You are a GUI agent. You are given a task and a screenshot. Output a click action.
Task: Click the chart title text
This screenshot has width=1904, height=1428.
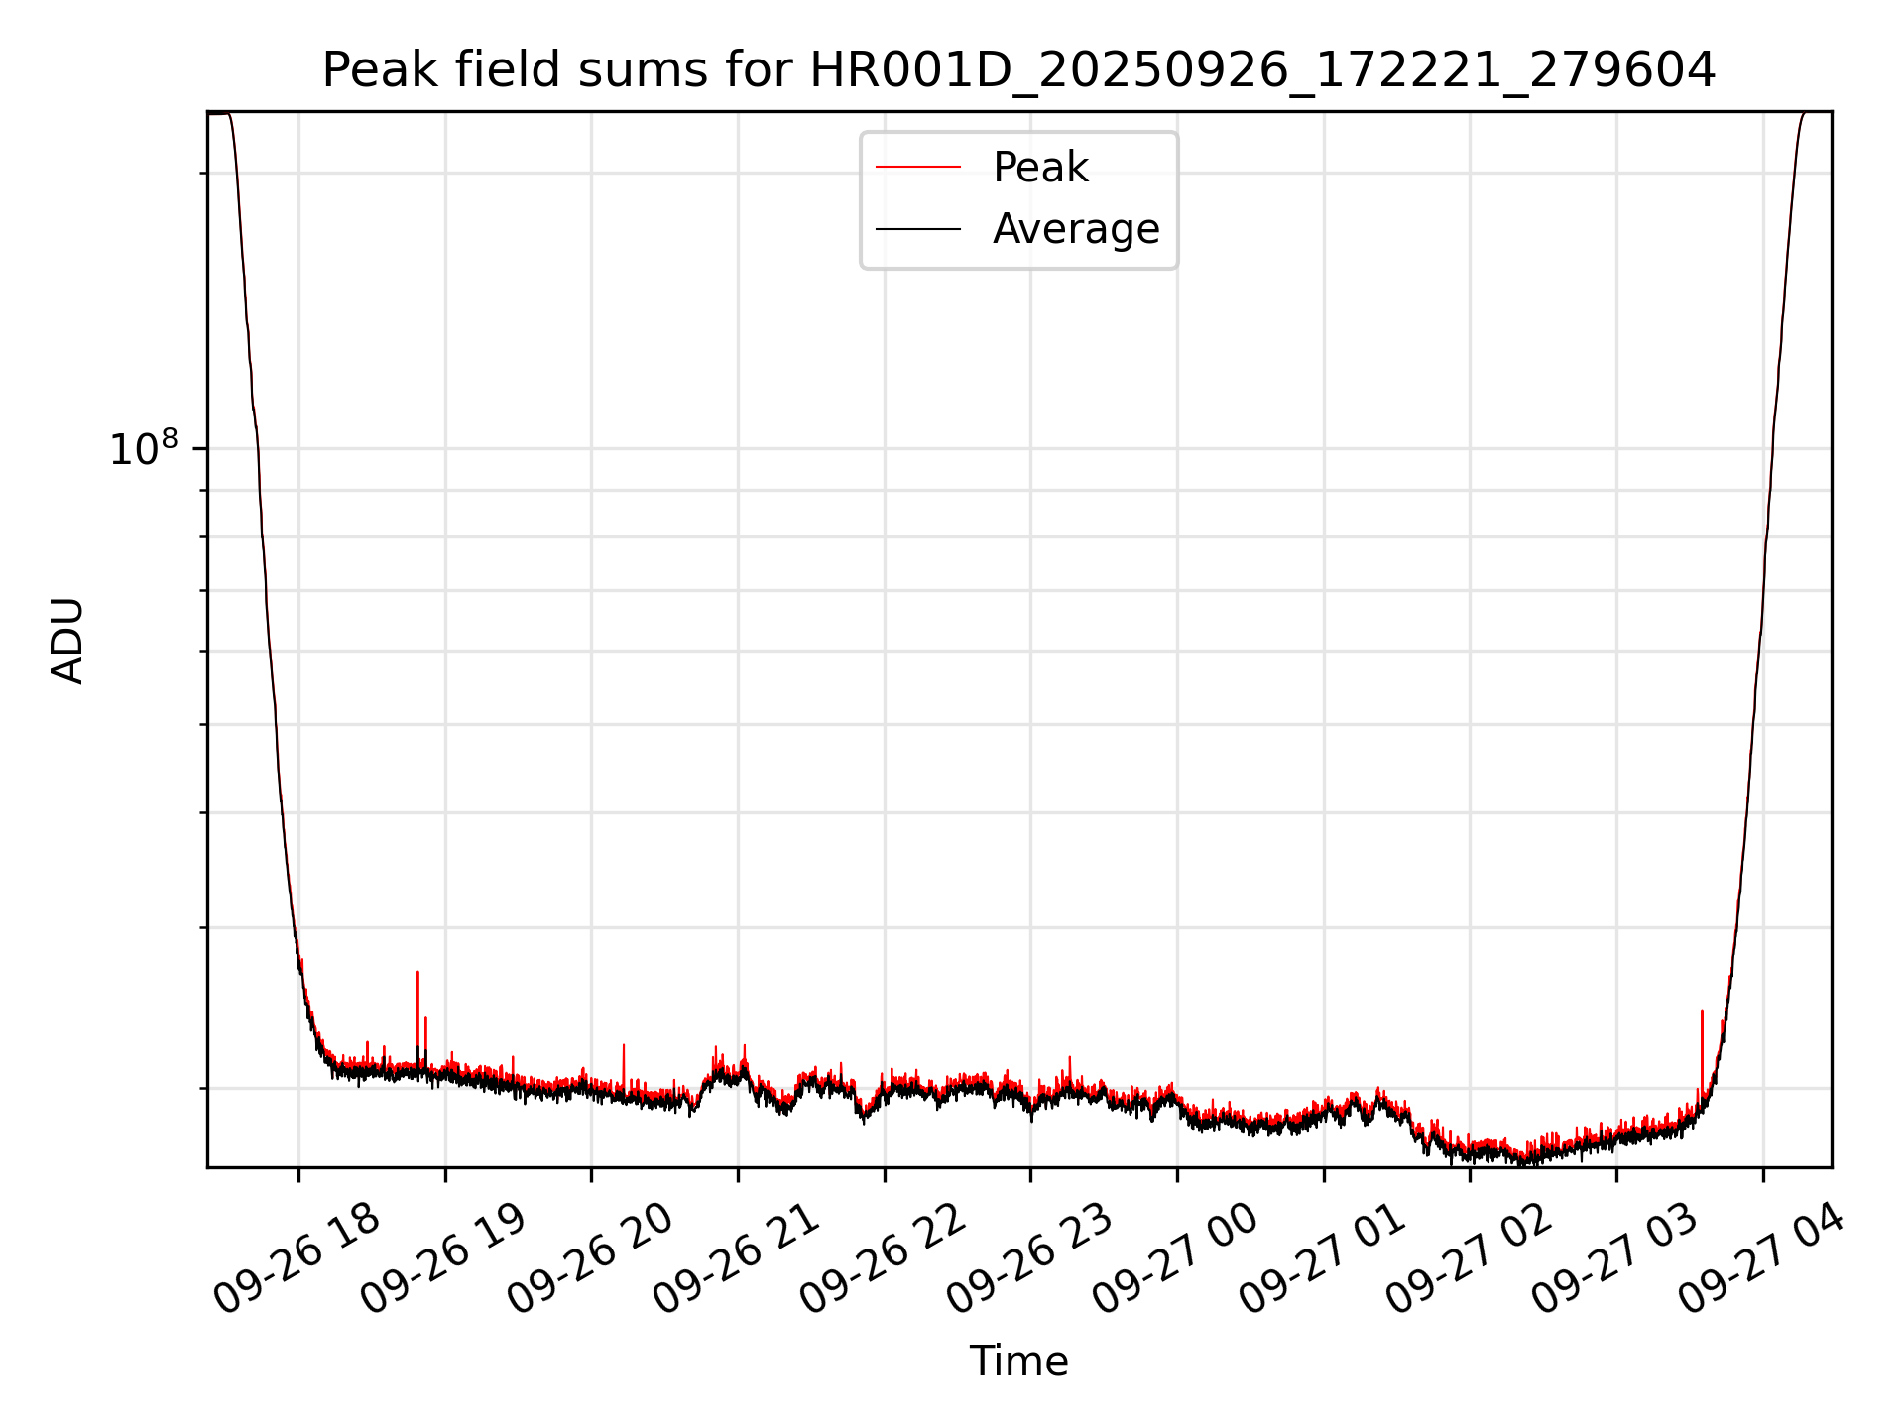1018,70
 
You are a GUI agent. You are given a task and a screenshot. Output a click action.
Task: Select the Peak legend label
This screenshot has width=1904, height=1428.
1040,168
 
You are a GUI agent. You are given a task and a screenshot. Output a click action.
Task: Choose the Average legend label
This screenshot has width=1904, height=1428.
1076,229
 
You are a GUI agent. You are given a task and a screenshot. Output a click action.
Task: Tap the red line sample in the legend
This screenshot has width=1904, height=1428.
917,168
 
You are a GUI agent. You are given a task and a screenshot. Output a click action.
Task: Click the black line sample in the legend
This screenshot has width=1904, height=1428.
917,229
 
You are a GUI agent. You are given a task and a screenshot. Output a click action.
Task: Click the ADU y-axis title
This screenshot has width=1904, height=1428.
67,640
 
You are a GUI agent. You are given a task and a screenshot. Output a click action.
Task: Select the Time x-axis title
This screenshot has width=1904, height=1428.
1018,1362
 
